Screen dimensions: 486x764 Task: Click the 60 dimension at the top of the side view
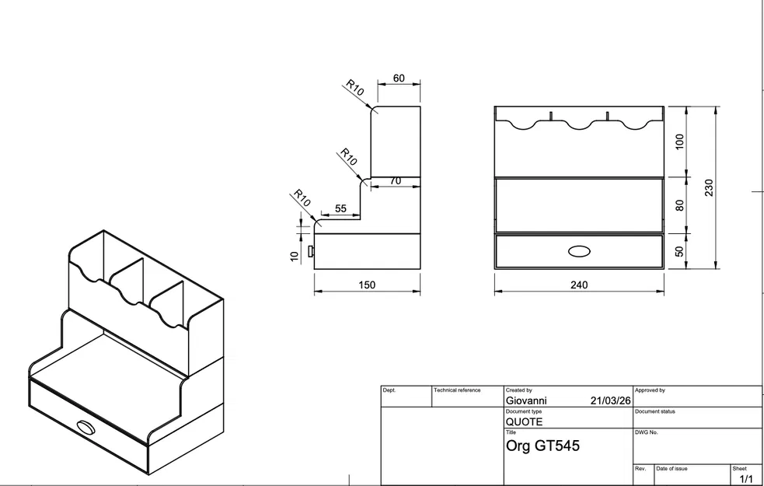tap(399, 79)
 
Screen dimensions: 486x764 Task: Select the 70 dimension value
tap(395, 180)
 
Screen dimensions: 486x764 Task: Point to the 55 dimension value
tap(340, 208)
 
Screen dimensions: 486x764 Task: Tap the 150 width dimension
tap(367, 285)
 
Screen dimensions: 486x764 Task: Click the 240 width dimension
tap(579, 285)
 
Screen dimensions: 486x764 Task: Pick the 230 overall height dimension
tap(708, 187)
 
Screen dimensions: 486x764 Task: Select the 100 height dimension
tap(680, 142)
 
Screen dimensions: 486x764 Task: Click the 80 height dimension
tap(680, 205)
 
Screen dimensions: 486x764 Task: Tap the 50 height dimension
tap(680, 251)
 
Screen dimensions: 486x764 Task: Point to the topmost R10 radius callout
tap(355, 88)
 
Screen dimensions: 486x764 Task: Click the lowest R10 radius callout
tap(302, 198)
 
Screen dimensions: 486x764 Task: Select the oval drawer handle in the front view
tap(579, 251)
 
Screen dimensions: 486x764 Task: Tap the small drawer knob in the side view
tap(311, 251)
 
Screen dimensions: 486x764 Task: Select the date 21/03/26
tap(610, 401)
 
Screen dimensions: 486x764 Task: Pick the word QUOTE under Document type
tap(525, 422)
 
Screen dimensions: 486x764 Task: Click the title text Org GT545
tap(542, 446)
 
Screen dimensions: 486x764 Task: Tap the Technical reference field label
tap(458, 390)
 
